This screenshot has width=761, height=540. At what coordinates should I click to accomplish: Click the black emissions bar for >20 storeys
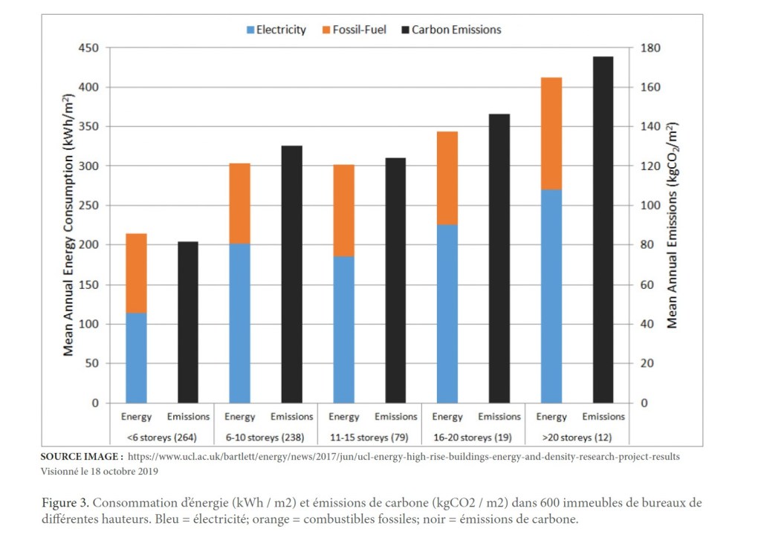coord(603,230)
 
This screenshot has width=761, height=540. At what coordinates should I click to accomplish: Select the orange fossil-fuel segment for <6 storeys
coord(136,273)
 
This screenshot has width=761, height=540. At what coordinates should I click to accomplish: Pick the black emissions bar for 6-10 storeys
coord(291,274)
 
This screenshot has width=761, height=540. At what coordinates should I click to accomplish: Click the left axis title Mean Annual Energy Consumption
coord(68,225)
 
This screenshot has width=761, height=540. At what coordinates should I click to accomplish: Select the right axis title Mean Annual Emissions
coord(672,225)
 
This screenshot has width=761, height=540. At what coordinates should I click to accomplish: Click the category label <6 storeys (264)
coord(162,437)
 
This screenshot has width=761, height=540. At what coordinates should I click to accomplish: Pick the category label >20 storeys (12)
coord(577,437)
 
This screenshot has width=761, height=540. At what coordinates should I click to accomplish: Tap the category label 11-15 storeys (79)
coord(369,437)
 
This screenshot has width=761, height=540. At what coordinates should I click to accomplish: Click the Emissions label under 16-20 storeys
coord(499,417)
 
